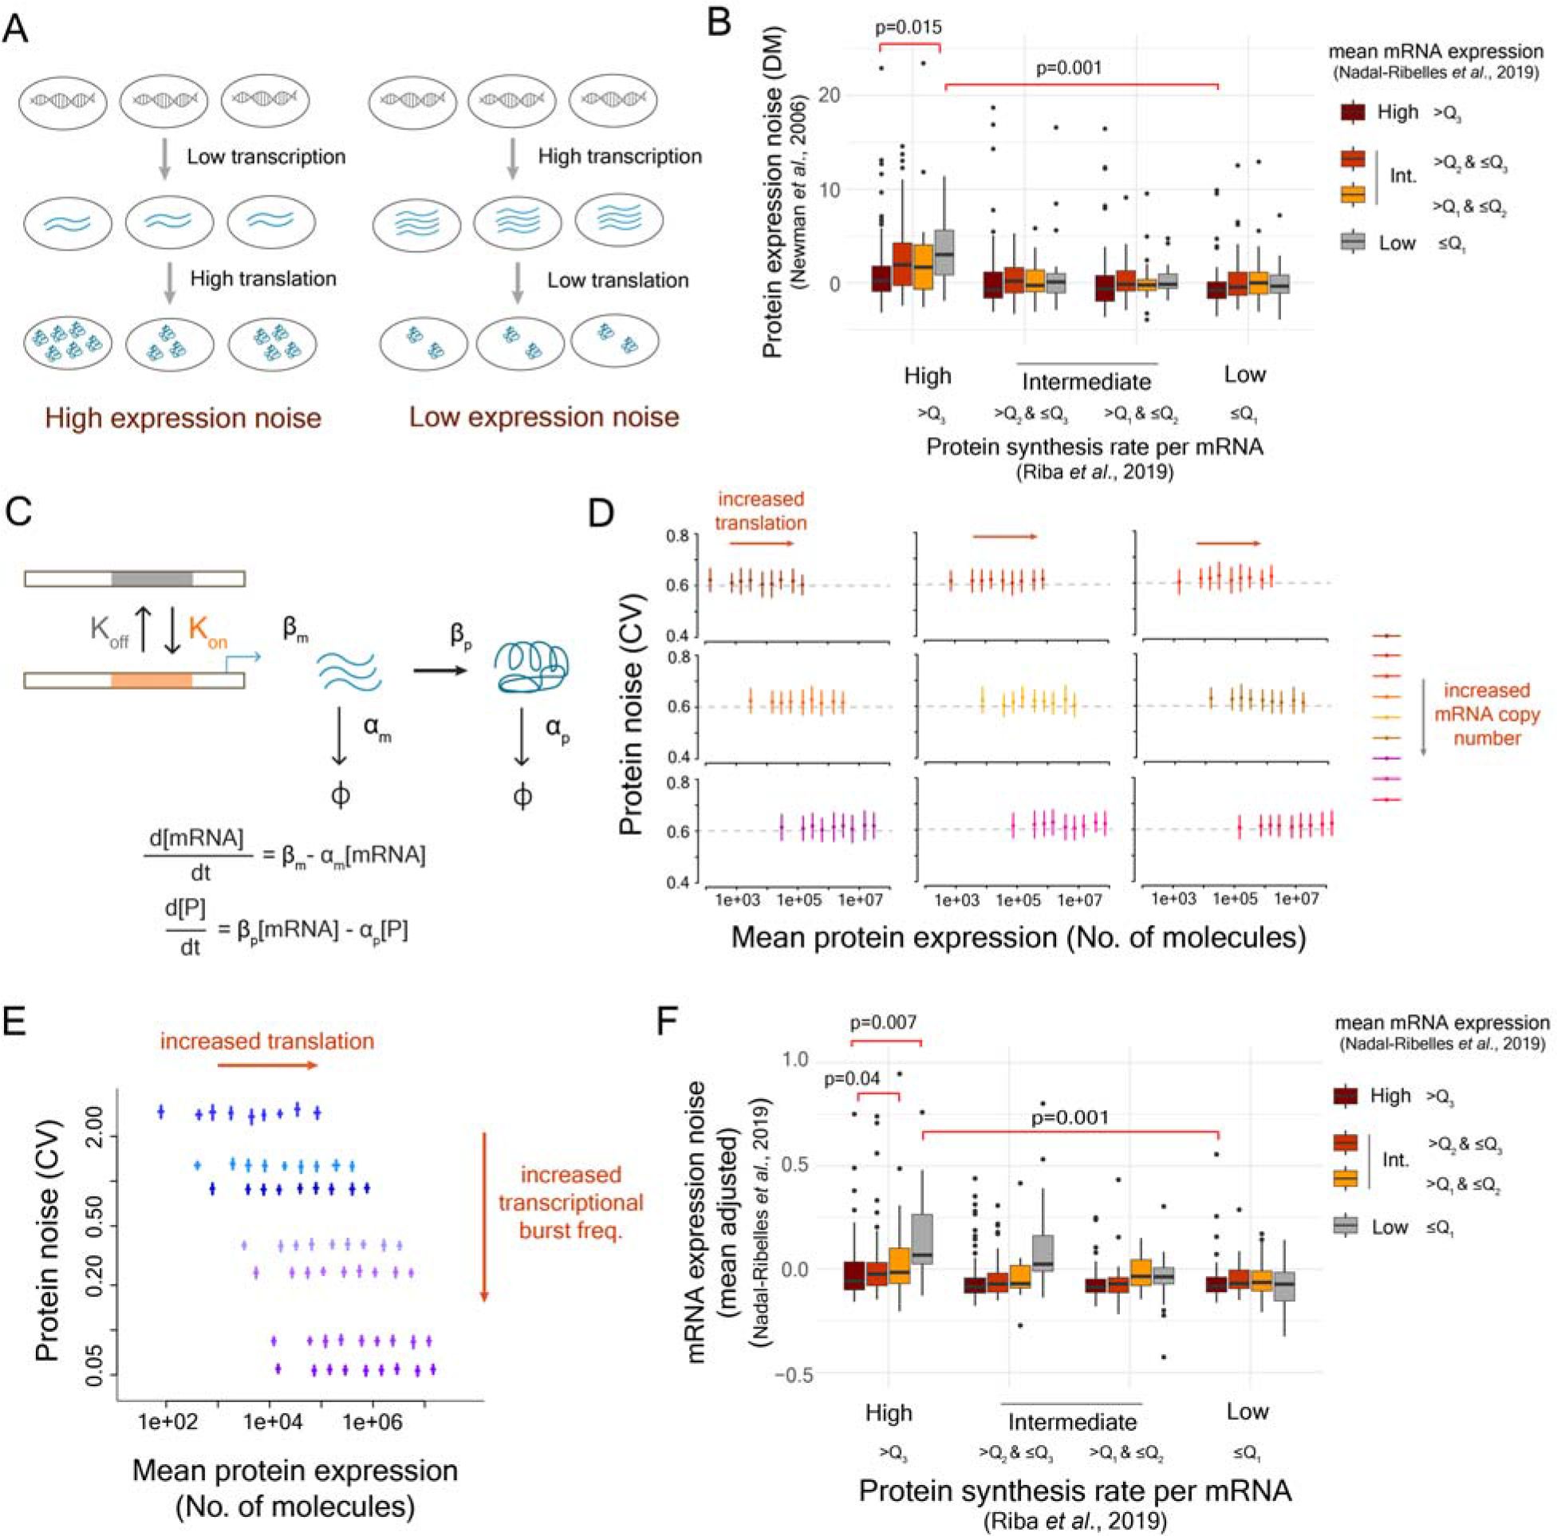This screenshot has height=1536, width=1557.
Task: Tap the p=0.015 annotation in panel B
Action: (x=909, y=27)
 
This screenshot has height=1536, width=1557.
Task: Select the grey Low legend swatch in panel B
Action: (x=1353, y=241)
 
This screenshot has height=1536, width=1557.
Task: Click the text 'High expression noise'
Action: (x=183, y=418)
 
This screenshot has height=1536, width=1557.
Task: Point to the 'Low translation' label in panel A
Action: (x=618, y=281)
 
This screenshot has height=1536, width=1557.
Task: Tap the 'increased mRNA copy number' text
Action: (x=1487, y=714)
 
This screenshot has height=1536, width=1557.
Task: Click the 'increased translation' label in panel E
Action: (x=266, y=1042)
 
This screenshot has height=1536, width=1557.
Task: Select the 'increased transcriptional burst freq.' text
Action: (x=570, y=1203)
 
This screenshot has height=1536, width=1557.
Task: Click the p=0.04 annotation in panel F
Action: (x=851, y=1079)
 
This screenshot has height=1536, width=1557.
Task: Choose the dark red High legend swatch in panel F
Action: (x=1345, y=1097)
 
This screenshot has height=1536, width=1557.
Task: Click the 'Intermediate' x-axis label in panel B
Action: (x=1086, y=380)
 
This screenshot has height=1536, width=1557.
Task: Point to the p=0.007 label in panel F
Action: (x=885, y=1023)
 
